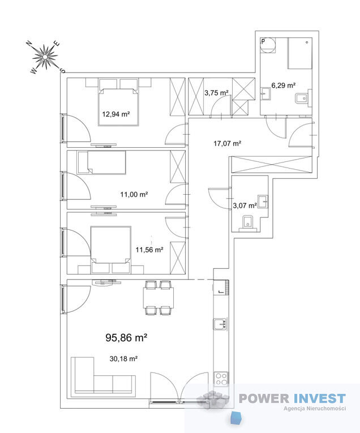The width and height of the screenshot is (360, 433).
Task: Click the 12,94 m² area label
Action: (x=116, y=114)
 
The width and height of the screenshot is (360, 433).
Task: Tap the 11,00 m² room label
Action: (x=134, y=194)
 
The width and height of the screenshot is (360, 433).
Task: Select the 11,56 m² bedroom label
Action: (x=149, y=250)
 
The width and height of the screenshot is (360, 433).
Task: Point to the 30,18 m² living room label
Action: (x=123, y=359)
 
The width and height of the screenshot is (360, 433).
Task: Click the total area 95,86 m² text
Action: (x=126, y=337)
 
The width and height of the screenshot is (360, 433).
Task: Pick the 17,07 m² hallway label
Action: (x=227, y=143)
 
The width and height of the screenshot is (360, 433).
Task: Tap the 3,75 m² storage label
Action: (x=216, y=93)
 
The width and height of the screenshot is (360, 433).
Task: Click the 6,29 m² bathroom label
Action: (x=283, y=85)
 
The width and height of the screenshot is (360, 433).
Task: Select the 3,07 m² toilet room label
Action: (x=245, y=205)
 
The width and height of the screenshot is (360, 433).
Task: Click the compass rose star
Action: (x=45, y=57)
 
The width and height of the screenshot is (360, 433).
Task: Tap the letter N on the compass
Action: (x=29, y=43)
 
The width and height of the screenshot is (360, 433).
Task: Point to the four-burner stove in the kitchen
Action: (x=221, y=379)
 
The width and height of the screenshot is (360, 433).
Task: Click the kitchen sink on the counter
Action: (x=220, y=324)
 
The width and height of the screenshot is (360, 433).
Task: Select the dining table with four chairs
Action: (x=158, y=298)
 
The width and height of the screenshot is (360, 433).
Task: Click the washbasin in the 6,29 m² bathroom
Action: (x=266, y=94)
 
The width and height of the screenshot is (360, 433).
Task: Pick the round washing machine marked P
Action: (x=268, y=45)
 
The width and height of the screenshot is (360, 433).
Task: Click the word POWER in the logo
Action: (x=264, y=398)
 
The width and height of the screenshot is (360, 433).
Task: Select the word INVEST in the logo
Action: (x=319, y=398)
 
